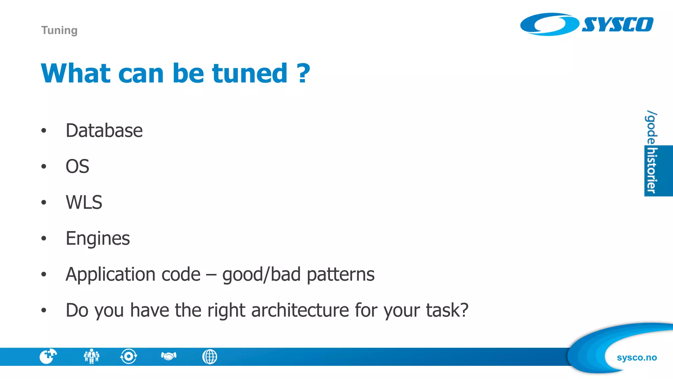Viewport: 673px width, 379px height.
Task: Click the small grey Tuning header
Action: pyautogui.click(x=59, y=30)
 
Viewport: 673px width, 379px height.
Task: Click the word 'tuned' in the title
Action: pyautogui.click(x=250, y=73)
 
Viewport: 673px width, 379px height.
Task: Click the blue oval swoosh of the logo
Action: pyautogui.click(x=549, y=24)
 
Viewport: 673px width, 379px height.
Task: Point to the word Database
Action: pyautogui.click(x=104, y=130)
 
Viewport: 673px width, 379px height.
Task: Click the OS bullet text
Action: pyautogui.click(x=77, y=166)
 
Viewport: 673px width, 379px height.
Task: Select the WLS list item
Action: pyautogui.click(x=84, y=202)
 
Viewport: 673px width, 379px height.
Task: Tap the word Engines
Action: pyautogui.click(x=98, y=238)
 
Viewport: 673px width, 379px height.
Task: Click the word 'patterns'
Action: pyautogui.click(x=340, y=274)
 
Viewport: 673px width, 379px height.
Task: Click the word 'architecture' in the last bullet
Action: pyautogui.click(x=300, y=310)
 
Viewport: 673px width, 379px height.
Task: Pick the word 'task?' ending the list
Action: pyautogui.click(x=447, y=310)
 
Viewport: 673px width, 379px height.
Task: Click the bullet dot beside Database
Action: pyautogui.click(x=44, y=131)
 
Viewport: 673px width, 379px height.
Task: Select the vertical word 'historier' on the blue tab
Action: pyautogui.click(x=652, y=170)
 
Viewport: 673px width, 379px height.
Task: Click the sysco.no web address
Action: pyautogui.click(x=637, y=357)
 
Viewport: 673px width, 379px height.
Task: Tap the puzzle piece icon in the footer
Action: pyautogui.click(x=48, y=356)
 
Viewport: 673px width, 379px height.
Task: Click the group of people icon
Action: pyautogui.click(x=91, y=356)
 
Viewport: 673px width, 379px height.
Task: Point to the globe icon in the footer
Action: pyautogui.click(x=210, y=357)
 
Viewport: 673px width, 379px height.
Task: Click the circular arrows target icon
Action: pyautogui.click(x=128, y=356)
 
